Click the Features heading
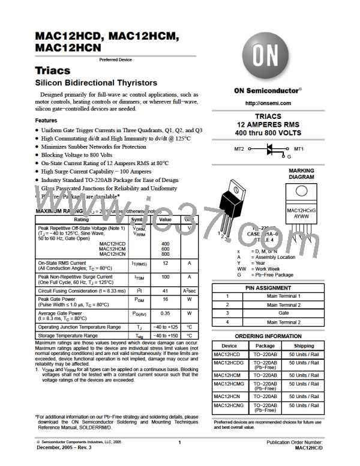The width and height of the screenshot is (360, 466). click(46, 120)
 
